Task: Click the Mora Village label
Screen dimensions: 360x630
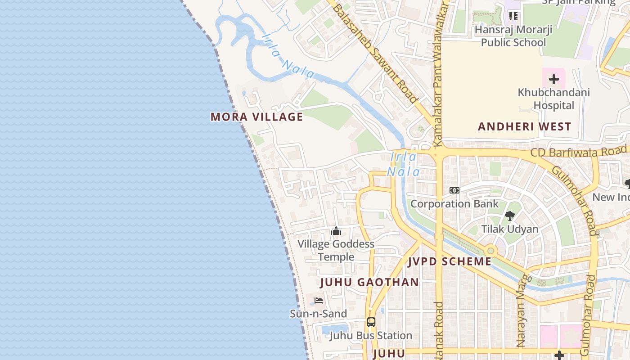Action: click(x=256, y=117)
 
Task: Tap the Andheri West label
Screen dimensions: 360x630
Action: click(x=524, y=126)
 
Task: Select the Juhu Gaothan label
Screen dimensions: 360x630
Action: click(x=369, y=283)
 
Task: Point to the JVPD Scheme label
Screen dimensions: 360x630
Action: click(x=450, y=261)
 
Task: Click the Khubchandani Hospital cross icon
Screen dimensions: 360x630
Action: click(x=553, y=80)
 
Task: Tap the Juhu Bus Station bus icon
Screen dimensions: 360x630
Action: click(x=371, y=322)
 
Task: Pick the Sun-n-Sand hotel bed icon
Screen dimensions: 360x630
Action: click(x=319, y=301)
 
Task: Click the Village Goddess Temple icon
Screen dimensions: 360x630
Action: click(x=336, y=231)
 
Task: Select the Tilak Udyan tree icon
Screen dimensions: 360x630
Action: click(x=509, y=216)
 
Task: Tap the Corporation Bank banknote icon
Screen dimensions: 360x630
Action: click(x=454, y=190)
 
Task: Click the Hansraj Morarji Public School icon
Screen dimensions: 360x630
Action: click(x=513, y=17)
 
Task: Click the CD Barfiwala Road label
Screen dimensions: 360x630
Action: click(x=578, y=152)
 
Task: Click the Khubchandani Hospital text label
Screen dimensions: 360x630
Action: click(x=553, y=99)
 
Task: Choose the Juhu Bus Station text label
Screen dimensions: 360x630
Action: click(x=371, y=336)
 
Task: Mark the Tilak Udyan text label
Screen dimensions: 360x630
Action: click(x=510, y=229)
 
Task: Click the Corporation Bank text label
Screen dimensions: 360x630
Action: click(x=454, y=204)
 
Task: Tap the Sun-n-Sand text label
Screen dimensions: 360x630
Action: click(x=318, y=314)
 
